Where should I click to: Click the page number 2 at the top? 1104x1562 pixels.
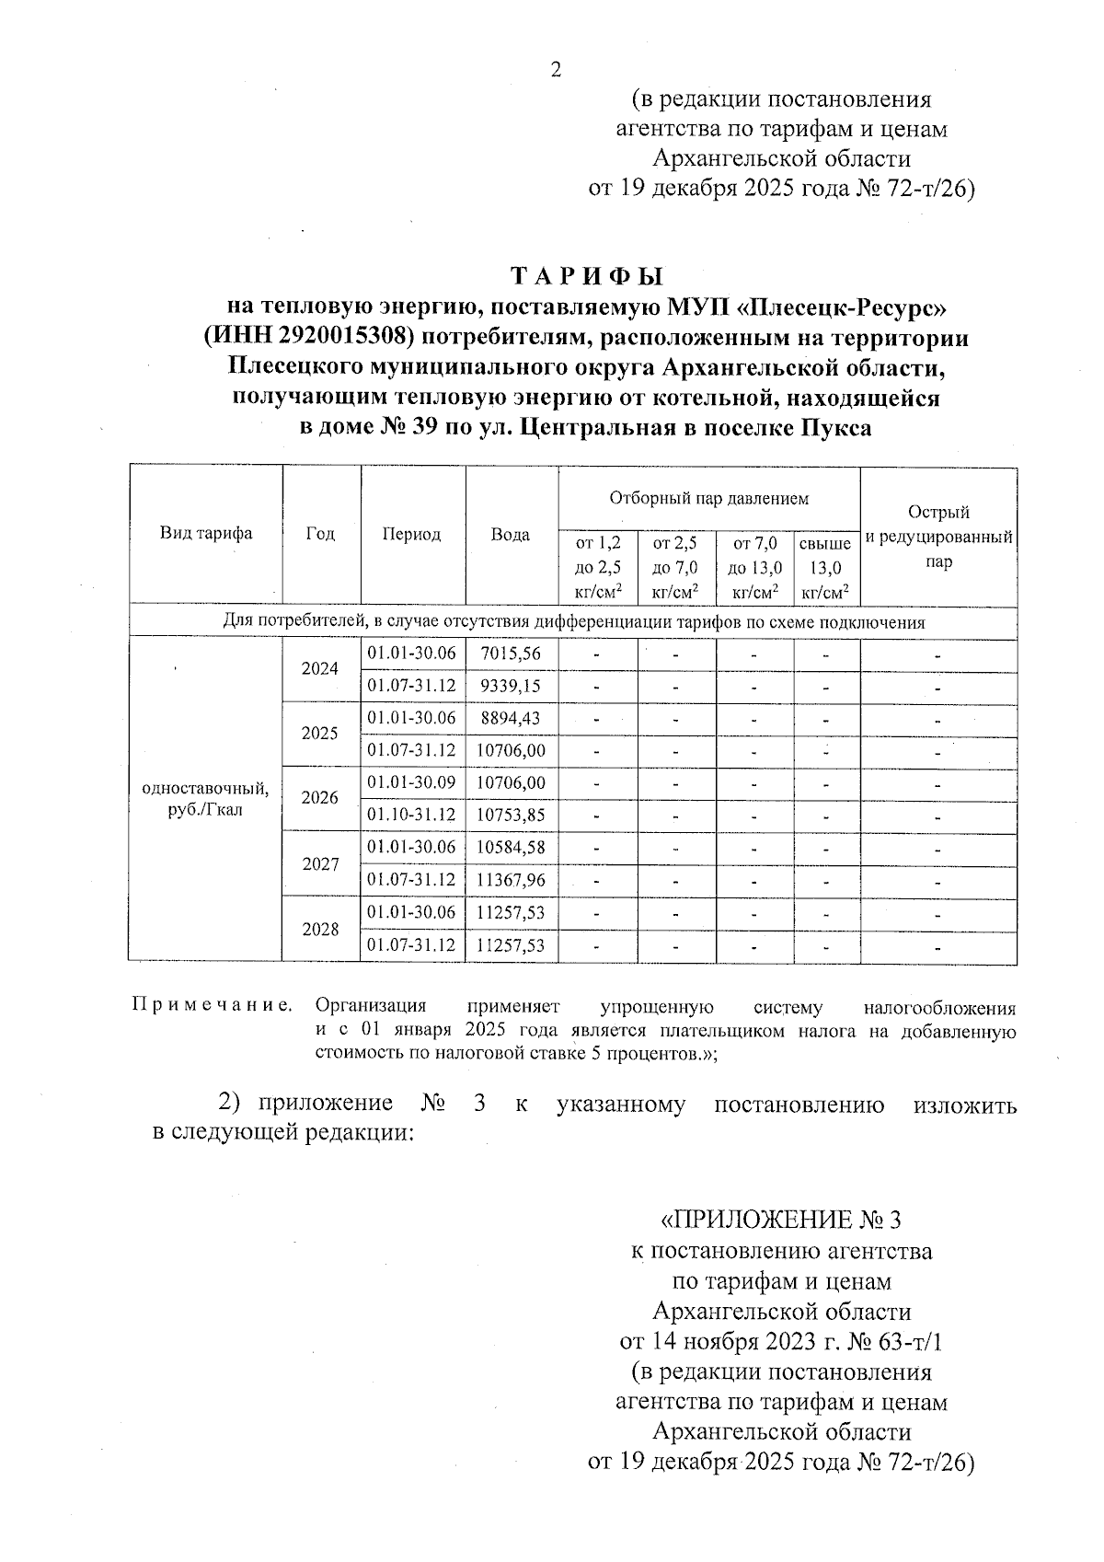click(x=555, y=70)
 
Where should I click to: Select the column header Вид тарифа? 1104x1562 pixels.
click(x=206, y=534)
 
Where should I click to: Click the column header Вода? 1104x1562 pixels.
click(x=510, y=535)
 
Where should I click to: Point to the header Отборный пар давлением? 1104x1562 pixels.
click(x=708, y=499)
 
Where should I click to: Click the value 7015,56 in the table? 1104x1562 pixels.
click(x=511, y=654)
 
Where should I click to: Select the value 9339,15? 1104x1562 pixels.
click(x=511, y=687)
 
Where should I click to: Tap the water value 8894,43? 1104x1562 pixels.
click(x=511, y=718)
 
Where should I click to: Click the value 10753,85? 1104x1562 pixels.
click(x=511, y=816)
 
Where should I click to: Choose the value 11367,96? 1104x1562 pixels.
click(x=511, y=881)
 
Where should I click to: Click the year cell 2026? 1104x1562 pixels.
click(x=320, y=798)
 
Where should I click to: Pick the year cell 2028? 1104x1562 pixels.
click(x=320, y=930)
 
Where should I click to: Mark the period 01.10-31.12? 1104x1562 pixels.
click(x=412, y=816)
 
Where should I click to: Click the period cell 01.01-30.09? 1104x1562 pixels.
click(x=412, y=783)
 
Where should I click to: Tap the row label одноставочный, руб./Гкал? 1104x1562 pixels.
click(x=205, y=800)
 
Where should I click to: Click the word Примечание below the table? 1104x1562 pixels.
click(x=213, y=1005)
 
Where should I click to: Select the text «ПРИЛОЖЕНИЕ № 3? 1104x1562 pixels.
click(x=781, y=1221)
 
